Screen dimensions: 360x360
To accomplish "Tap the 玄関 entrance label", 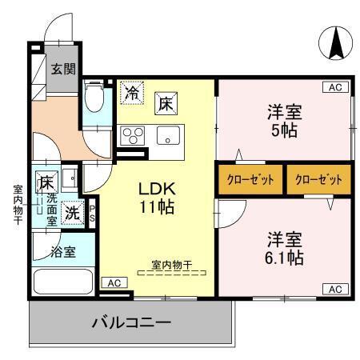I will coord(64,69).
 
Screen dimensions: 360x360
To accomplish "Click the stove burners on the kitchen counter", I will coord(130,134).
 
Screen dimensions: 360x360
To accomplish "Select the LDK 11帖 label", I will coord(158,198).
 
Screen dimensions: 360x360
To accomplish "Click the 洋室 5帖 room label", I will coord(283,121).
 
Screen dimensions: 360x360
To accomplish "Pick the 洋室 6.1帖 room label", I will coord(284,249).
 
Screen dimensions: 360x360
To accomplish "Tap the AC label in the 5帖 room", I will coord(334,87).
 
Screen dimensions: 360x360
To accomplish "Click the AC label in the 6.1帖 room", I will coord(334,288).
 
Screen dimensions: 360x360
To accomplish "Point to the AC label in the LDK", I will coord(114,282).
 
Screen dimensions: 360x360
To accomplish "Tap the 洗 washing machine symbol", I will coord(72,214).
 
